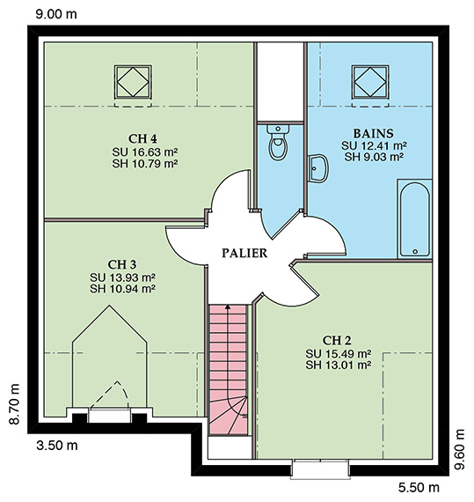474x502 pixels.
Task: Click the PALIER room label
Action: point(244,253)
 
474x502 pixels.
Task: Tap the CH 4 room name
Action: point(142,139)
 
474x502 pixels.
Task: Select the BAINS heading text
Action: point(373,133)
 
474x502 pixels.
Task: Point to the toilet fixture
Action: point(278,142)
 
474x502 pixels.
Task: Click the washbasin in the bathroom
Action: point(318,168)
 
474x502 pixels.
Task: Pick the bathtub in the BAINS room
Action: point(415,219)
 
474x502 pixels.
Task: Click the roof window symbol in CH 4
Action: point(133,82)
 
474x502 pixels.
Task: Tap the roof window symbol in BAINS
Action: point(370,82)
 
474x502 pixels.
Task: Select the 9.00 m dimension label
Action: point(56,14)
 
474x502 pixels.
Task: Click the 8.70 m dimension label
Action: point(15,403)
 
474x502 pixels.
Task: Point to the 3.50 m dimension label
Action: point(57,446)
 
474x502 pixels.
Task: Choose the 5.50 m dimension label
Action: point(419,488)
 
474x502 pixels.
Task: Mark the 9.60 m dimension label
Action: point(459,449)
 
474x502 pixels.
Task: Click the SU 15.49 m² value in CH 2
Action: point(339,354)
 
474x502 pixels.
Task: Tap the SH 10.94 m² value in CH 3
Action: point(123,289)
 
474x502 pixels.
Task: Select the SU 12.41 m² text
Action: point(374,145)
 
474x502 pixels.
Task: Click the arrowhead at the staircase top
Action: point(228,307)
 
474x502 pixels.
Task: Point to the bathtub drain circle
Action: point(415,252)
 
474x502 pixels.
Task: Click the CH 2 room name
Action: point(337,341)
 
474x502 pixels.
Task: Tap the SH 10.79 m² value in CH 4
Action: point(145,164)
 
